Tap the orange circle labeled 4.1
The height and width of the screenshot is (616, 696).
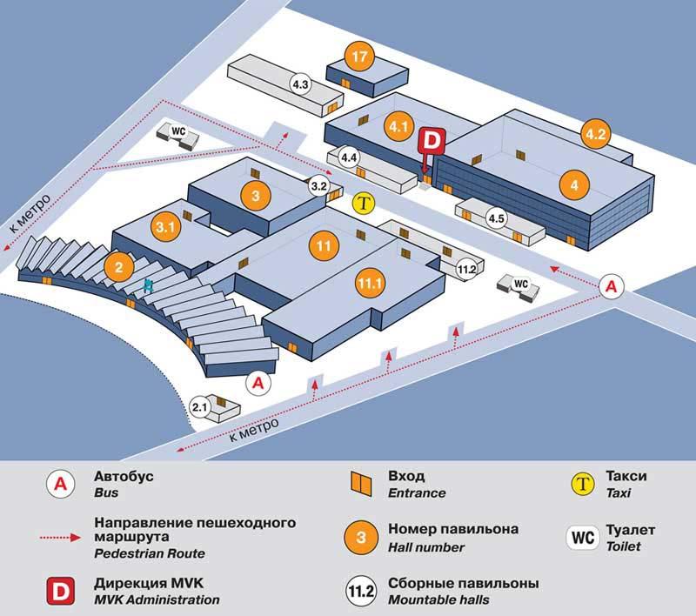click(x=399, y=127)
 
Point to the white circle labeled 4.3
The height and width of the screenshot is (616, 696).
click(x=301, y=84)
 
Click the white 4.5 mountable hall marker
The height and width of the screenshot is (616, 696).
click(x=497, y=218)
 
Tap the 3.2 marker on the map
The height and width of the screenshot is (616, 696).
click(x=318, y=185)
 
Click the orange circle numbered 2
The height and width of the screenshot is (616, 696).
click(x=118, y=264)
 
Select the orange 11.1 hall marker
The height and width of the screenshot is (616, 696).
click(x=370, y=284)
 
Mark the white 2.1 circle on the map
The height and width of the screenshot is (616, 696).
click(x=200, y=406)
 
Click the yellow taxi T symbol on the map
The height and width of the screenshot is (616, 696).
click(x=365, y=204)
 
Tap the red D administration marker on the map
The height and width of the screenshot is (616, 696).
click(x=432, y=139)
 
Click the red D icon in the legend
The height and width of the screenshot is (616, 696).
click(x=60, y=590)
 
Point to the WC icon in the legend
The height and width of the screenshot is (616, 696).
click(x=583, y=537)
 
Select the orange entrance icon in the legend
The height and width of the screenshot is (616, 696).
click(x=356, y=483)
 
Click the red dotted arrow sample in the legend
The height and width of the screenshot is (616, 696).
click(x=60, y=538)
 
